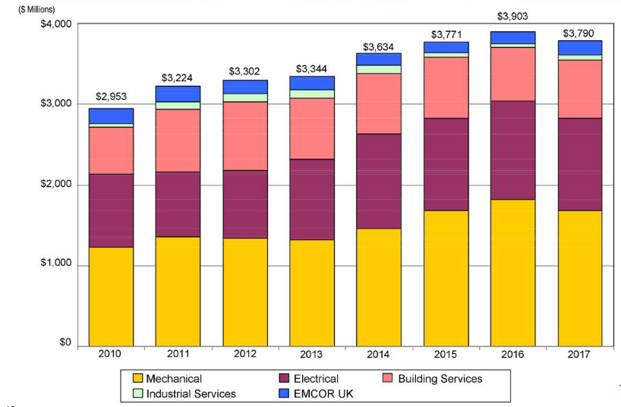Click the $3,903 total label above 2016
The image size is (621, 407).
click(512, 16)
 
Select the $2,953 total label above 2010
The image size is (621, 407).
click(111, 97)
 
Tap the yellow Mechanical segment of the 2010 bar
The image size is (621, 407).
click(111, 296)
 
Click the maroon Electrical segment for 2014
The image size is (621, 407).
click(379, 181)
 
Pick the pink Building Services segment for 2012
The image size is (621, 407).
click(244, 136)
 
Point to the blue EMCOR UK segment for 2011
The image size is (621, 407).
click(178, 93)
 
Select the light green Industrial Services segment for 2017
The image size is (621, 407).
click(579, 57)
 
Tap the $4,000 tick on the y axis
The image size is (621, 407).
click(55, 24)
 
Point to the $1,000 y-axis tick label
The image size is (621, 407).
click(55, 264)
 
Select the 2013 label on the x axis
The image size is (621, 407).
click(311, 355)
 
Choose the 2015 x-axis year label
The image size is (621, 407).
click(446, 355)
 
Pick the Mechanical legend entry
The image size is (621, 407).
click(174, 378)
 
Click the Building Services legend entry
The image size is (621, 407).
click(440, 378)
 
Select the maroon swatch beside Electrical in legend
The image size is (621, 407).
click(285, 378)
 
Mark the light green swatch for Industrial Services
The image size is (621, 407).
click(137, 393)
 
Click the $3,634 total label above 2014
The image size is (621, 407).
click(379, 47)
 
